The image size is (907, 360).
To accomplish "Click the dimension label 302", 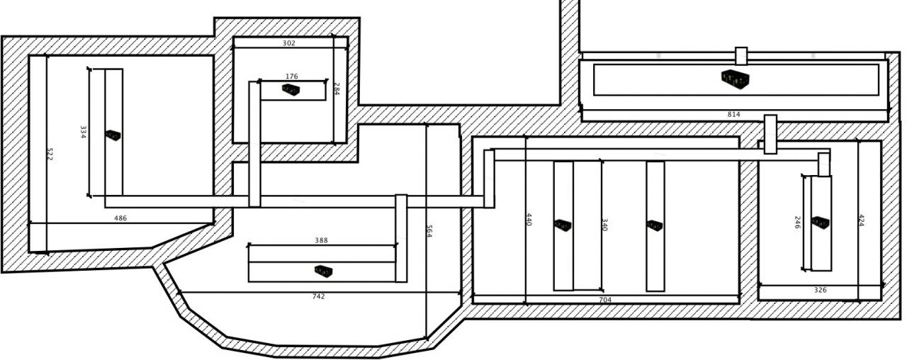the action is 288,43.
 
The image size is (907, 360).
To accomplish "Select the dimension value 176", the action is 291,77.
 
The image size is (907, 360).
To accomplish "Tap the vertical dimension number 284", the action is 337,89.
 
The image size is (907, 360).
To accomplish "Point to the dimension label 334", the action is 83,132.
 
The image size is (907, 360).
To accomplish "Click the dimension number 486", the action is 120,218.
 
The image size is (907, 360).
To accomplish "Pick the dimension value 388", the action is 321,241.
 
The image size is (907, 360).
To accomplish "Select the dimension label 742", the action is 318,296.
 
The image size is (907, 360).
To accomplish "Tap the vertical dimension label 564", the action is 429,231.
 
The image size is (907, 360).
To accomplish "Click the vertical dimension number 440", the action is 529,219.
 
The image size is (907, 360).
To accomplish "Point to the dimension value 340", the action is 604,225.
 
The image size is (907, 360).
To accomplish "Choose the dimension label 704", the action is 605,300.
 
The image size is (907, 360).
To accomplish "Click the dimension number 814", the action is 733,114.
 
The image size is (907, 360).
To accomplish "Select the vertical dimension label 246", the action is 797,223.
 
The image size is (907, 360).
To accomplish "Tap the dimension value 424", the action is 861,220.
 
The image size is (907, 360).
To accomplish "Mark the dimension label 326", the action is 820,290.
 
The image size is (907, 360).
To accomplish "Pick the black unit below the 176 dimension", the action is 291,89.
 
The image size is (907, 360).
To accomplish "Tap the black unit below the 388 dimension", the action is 323,270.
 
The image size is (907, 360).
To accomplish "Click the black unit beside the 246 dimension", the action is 821,223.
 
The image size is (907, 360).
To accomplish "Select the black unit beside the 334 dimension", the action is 113,135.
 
